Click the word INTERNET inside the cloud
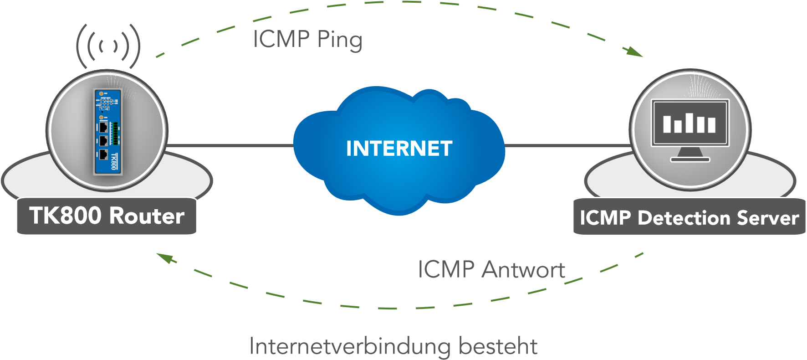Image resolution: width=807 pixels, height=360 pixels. pos(399,149)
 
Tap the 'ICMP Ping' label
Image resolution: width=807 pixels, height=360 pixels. pos(308,39)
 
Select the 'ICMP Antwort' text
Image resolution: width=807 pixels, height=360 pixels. pos(491,269)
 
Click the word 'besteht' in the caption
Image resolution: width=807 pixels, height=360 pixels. pos(498,347)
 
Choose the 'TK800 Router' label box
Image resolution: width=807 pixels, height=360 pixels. pos(107,216)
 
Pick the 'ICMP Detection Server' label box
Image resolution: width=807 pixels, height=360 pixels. pos(689,217)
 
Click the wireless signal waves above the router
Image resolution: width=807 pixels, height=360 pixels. pos(108,46)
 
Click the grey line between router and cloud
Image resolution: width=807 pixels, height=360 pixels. pos(230,146)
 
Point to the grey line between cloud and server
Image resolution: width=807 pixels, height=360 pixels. pos(567,146)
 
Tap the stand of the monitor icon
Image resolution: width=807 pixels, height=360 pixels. pos(690,155)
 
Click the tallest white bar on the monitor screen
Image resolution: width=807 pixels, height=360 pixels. pos(690,123)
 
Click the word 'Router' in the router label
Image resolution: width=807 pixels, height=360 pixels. pos(147,216)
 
